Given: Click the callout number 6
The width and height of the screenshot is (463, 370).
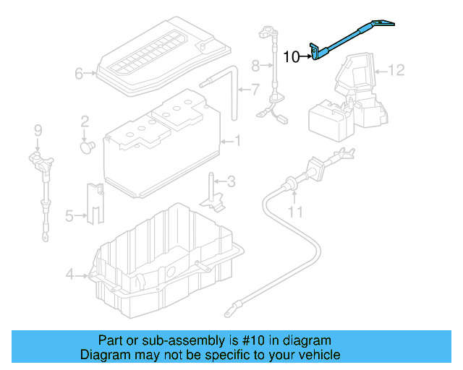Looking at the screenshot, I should (x=79, y=73).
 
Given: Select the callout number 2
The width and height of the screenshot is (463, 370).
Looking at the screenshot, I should (x=85, y=121).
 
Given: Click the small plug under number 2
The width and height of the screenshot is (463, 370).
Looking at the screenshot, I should (x=87, y=147).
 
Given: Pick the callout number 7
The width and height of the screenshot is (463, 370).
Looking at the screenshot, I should (x=254, y=90).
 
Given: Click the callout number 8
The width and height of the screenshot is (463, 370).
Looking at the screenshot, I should (x=255, y=66).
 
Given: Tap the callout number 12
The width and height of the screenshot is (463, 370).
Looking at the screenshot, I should (x=397, y=70).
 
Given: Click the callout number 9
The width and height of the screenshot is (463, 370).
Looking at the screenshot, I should (x=38, y=130).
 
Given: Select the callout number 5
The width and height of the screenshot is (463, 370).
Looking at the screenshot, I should (x=69, y=215).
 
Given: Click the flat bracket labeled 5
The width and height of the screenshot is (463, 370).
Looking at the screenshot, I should (x=93, y=202).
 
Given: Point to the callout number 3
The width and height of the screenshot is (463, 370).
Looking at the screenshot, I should (x=231, y=181).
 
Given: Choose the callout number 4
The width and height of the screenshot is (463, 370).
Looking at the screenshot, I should (x=69, y=274).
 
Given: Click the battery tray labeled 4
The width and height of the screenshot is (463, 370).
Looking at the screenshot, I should (x=166, y=267).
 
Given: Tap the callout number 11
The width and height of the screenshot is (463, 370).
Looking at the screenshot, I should (x=294, y=212).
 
